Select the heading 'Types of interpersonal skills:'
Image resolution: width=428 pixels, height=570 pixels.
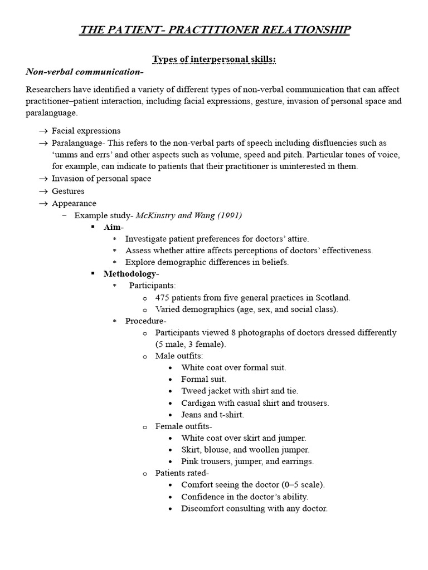pos(214,59)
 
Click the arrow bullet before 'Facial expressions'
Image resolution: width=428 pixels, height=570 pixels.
pos(43,131)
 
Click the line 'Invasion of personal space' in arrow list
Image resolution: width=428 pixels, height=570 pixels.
pos(101,179)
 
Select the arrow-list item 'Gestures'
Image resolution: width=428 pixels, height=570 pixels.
pos(68,191)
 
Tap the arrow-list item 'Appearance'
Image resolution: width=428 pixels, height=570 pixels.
pos(74,203)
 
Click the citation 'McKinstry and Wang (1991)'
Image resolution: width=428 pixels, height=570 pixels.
pos(189,215)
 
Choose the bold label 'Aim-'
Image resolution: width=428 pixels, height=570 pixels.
pos(114,227)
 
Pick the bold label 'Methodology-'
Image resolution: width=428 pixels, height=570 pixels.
pos(131,273)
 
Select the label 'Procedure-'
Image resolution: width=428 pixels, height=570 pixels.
pos(145,321)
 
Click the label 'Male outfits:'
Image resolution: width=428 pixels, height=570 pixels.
pos(179,356)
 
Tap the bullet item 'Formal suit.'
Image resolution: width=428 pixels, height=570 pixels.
pos(203,379)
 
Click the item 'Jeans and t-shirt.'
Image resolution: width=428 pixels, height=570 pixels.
pos(212,415)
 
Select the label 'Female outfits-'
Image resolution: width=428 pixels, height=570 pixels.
pos(183,426)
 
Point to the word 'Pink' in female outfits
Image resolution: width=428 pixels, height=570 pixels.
pos(190,461)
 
